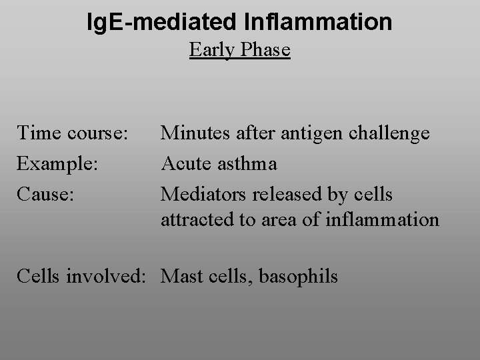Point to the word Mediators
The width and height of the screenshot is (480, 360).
[x=198, y=193]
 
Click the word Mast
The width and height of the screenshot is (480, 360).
[x=179, y=275]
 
